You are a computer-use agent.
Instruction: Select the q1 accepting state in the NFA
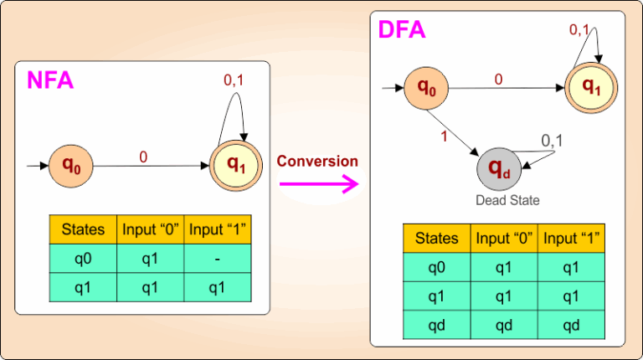237,166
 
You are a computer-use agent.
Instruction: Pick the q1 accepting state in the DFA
591,86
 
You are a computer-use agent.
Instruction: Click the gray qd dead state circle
499,170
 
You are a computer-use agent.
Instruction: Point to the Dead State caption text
507,200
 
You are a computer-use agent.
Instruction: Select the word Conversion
317,161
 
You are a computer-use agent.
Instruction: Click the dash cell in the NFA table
218,259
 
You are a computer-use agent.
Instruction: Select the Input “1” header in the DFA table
572,239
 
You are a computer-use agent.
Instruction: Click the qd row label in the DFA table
436,325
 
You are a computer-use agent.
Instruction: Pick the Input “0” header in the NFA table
151,229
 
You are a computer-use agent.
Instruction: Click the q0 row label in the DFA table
436,268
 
